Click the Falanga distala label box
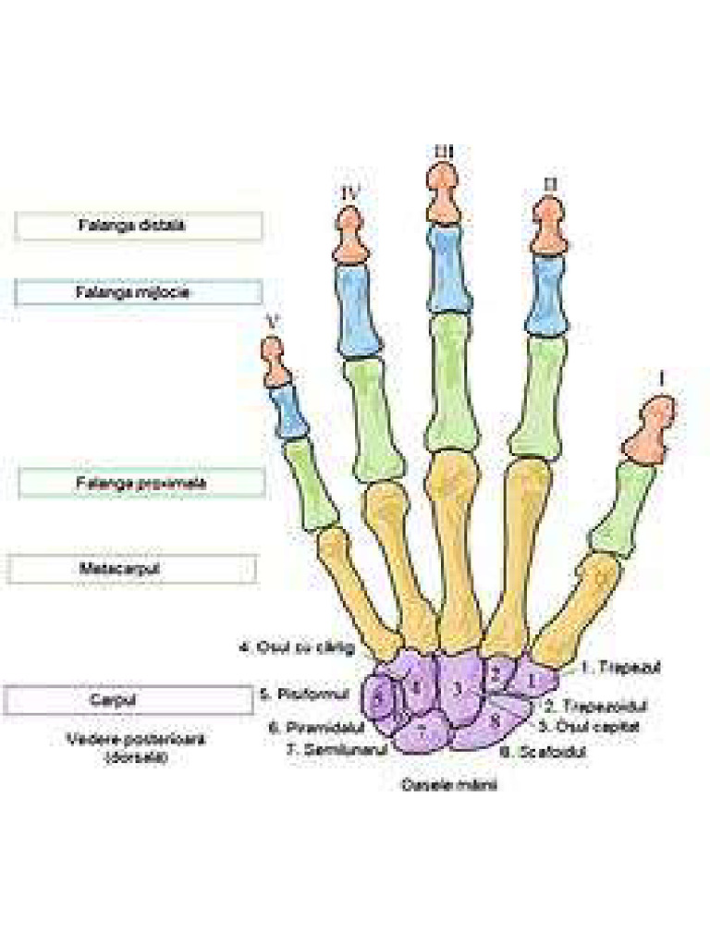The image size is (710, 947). click(139, 226)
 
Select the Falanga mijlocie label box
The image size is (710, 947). click(139, 292)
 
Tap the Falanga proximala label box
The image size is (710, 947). click(141, 483)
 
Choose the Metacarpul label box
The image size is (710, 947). click(132, 569)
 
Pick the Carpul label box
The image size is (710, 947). click(128, 700)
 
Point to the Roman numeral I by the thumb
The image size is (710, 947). click(661, 378)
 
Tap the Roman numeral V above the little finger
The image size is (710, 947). click(272, 321)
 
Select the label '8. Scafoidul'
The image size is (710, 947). click(543, 752)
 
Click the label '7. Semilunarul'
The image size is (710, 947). click(336, 750)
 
